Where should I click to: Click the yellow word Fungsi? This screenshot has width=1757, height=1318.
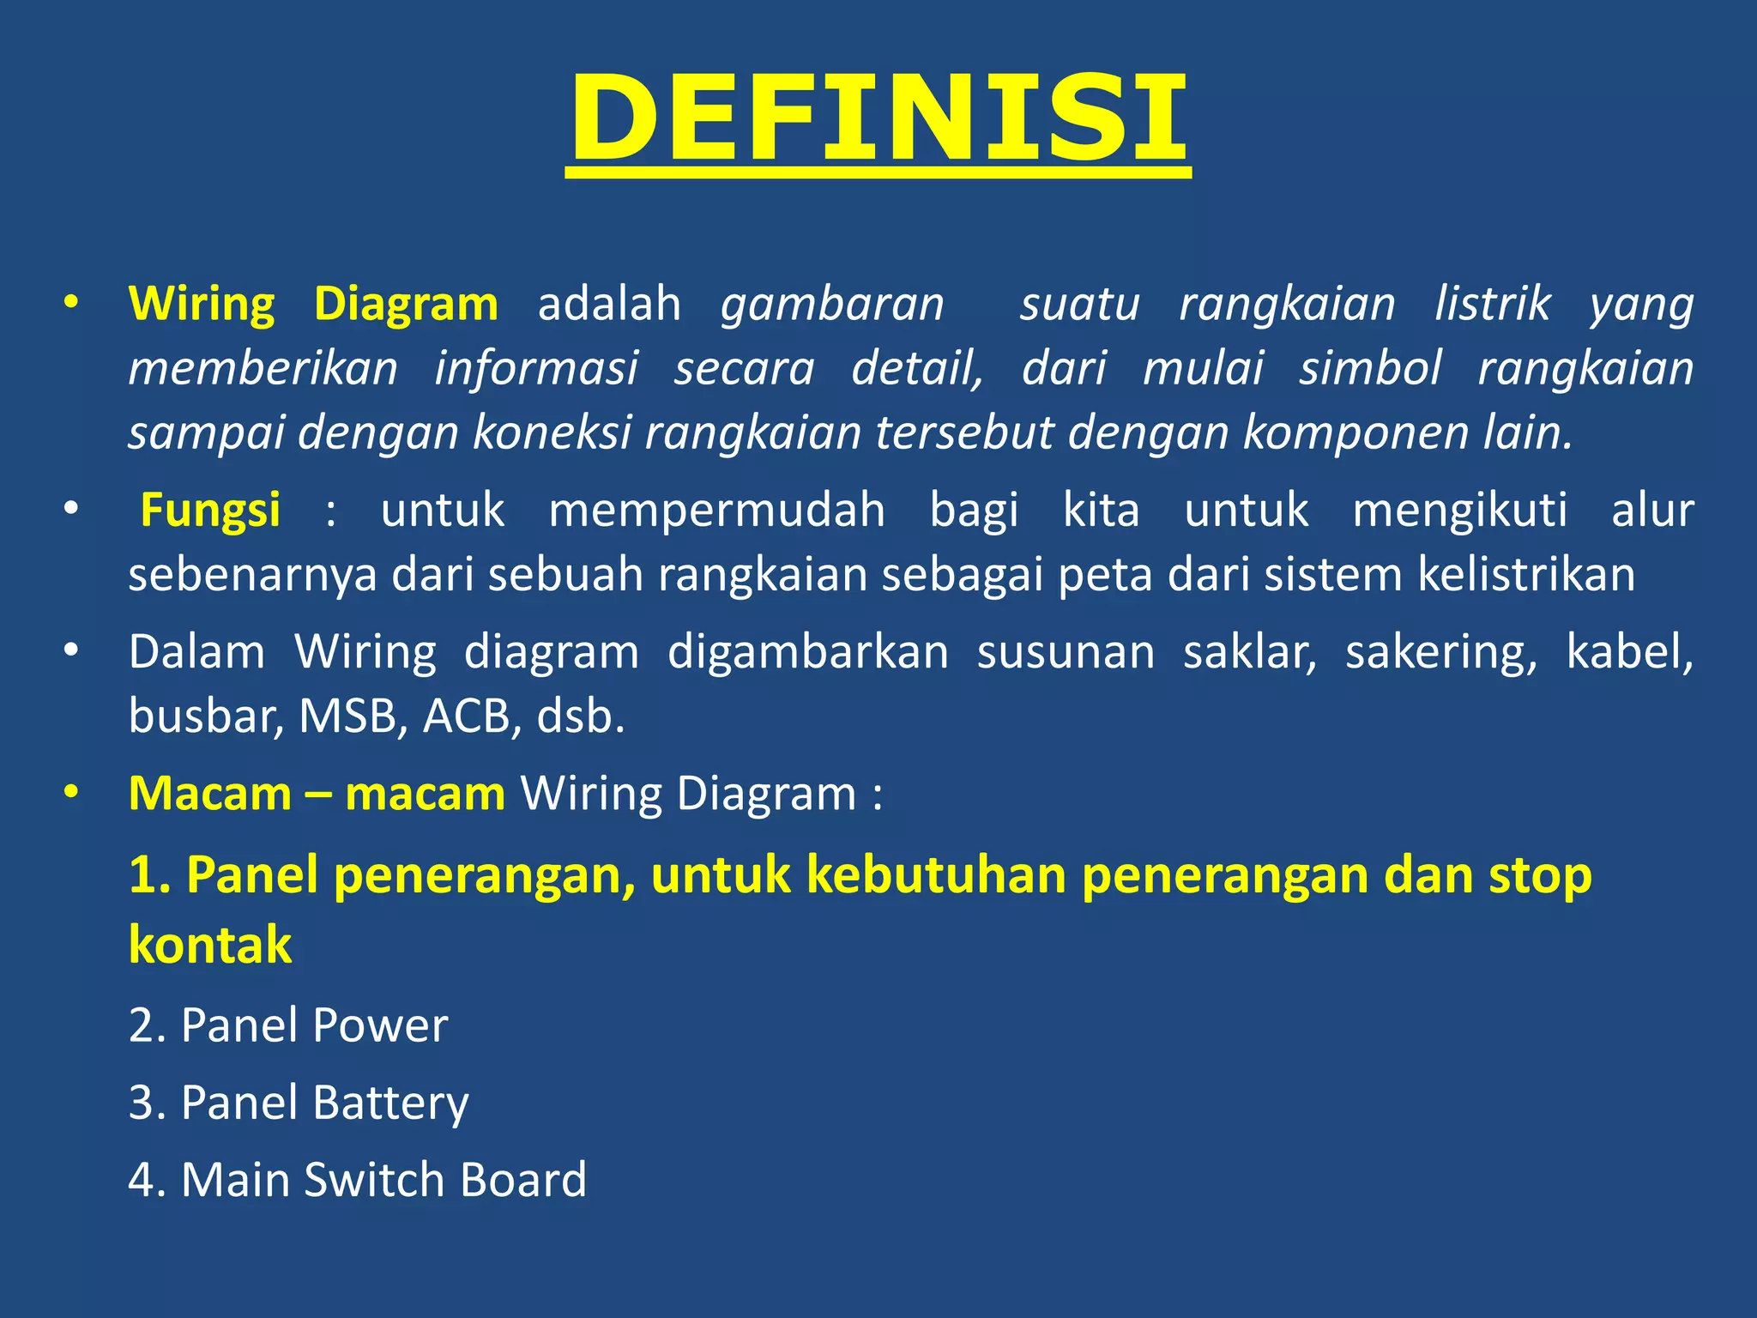click(x=210, y=510)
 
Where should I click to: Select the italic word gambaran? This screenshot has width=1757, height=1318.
click(x=832, y=304)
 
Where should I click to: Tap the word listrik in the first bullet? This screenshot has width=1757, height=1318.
click(x=1493, y=304)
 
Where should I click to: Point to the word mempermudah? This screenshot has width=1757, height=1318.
click(x=716, y=510)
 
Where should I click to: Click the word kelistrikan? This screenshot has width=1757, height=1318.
click(x=1526, y=574)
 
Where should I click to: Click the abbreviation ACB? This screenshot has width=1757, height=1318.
click(x=472, y=716)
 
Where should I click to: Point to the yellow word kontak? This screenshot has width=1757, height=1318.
click(x=210, y=945)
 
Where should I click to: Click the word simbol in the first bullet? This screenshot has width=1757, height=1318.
click(x=1370, y=368)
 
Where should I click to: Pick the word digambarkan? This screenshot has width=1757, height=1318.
click(x=808, y=652)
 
